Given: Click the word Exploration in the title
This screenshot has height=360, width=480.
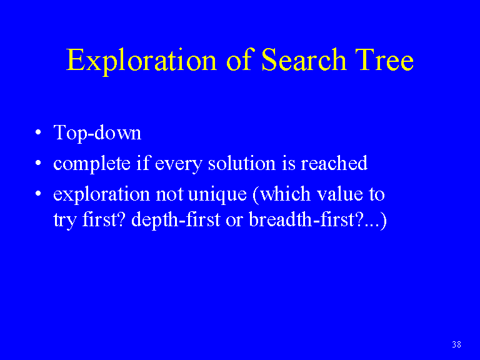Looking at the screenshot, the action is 141,61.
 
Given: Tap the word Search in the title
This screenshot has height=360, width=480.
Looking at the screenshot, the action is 304,60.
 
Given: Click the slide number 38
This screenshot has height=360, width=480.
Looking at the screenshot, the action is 456,344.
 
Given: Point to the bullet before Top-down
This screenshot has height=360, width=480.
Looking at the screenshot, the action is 38,132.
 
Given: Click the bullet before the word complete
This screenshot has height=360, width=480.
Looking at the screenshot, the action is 38,163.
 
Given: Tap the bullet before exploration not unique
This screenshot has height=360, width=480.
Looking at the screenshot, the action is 38,194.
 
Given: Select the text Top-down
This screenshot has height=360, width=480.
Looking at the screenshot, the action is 97,133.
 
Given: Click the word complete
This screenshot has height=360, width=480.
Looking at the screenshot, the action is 91,164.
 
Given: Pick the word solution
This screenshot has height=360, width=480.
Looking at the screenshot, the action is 242,163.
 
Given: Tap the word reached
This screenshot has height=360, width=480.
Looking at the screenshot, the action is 334,163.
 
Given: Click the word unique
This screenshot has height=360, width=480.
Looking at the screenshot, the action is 217,195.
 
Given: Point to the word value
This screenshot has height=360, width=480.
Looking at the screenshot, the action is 339,194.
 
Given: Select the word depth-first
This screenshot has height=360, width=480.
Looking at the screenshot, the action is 176,221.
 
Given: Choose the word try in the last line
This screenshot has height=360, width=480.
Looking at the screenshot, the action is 64,221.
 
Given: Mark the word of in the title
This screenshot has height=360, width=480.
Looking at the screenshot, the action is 239,60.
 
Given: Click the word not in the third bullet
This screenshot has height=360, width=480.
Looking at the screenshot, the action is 169,195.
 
